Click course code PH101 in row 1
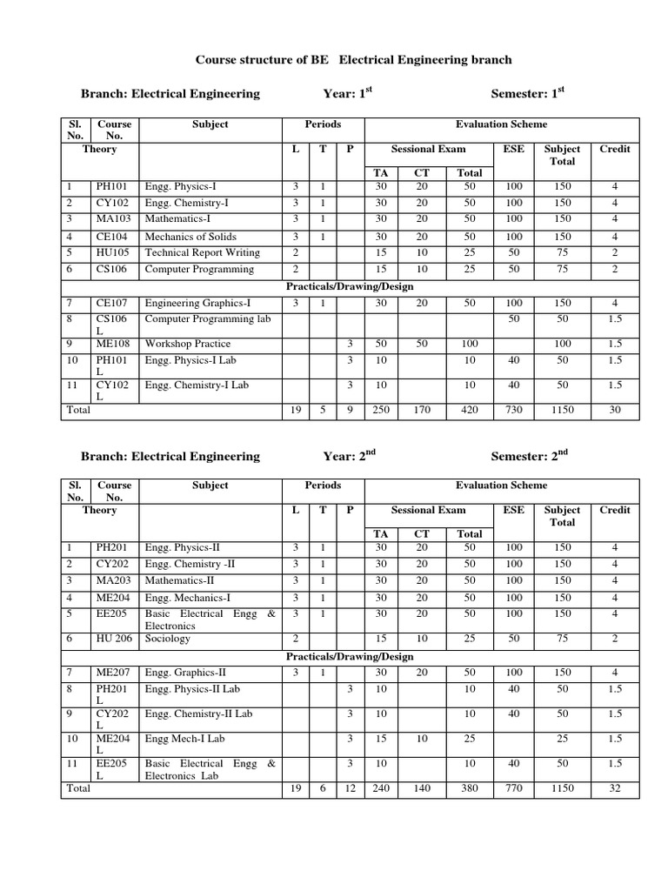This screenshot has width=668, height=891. pyautogui.click(x=112, y=186)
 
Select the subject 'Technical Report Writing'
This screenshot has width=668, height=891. pyautogui.click(x=202, y=252)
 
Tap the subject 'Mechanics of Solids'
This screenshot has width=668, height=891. pyautogui.click(x=190, y=236)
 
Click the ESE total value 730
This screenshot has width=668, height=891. pyautogui.click(x=514, y=409)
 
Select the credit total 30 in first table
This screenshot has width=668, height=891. pyautogui.click(x=615, y=409)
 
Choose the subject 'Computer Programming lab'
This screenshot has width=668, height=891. pyautogui.click(x=208, y=318)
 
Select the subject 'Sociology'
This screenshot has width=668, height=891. pyautogui.click(x=167, y=639)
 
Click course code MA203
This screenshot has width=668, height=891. pyautogui.click(x=112, y=580)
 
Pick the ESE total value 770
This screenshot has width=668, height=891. pyautogui.click(x=514, y=787)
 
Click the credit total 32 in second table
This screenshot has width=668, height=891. pyautogui.click(x=615, y=787)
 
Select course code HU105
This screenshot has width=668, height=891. pyautogui.click(x=112, y=252)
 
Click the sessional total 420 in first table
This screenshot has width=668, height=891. pyautogui.click(x=469, y=409)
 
